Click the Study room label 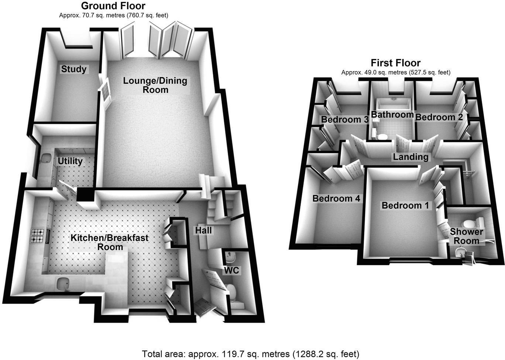(74, 69)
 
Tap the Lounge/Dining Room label (155, 85)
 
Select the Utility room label (70, 161)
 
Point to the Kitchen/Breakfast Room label (110, 242)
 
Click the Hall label (203, 231)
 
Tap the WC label (231, 270)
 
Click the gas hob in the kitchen (37, 236)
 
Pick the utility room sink (47, 158)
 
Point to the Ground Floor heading (113, 6)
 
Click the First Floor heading (395, 63)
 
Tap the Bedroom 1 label (405, 205)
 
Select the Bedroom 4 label (336, 198)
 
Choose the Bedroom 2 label (439, 117)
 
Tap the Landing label (410, 157)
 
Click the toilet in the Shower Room (470, 224)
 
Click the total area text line (250, 354)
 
